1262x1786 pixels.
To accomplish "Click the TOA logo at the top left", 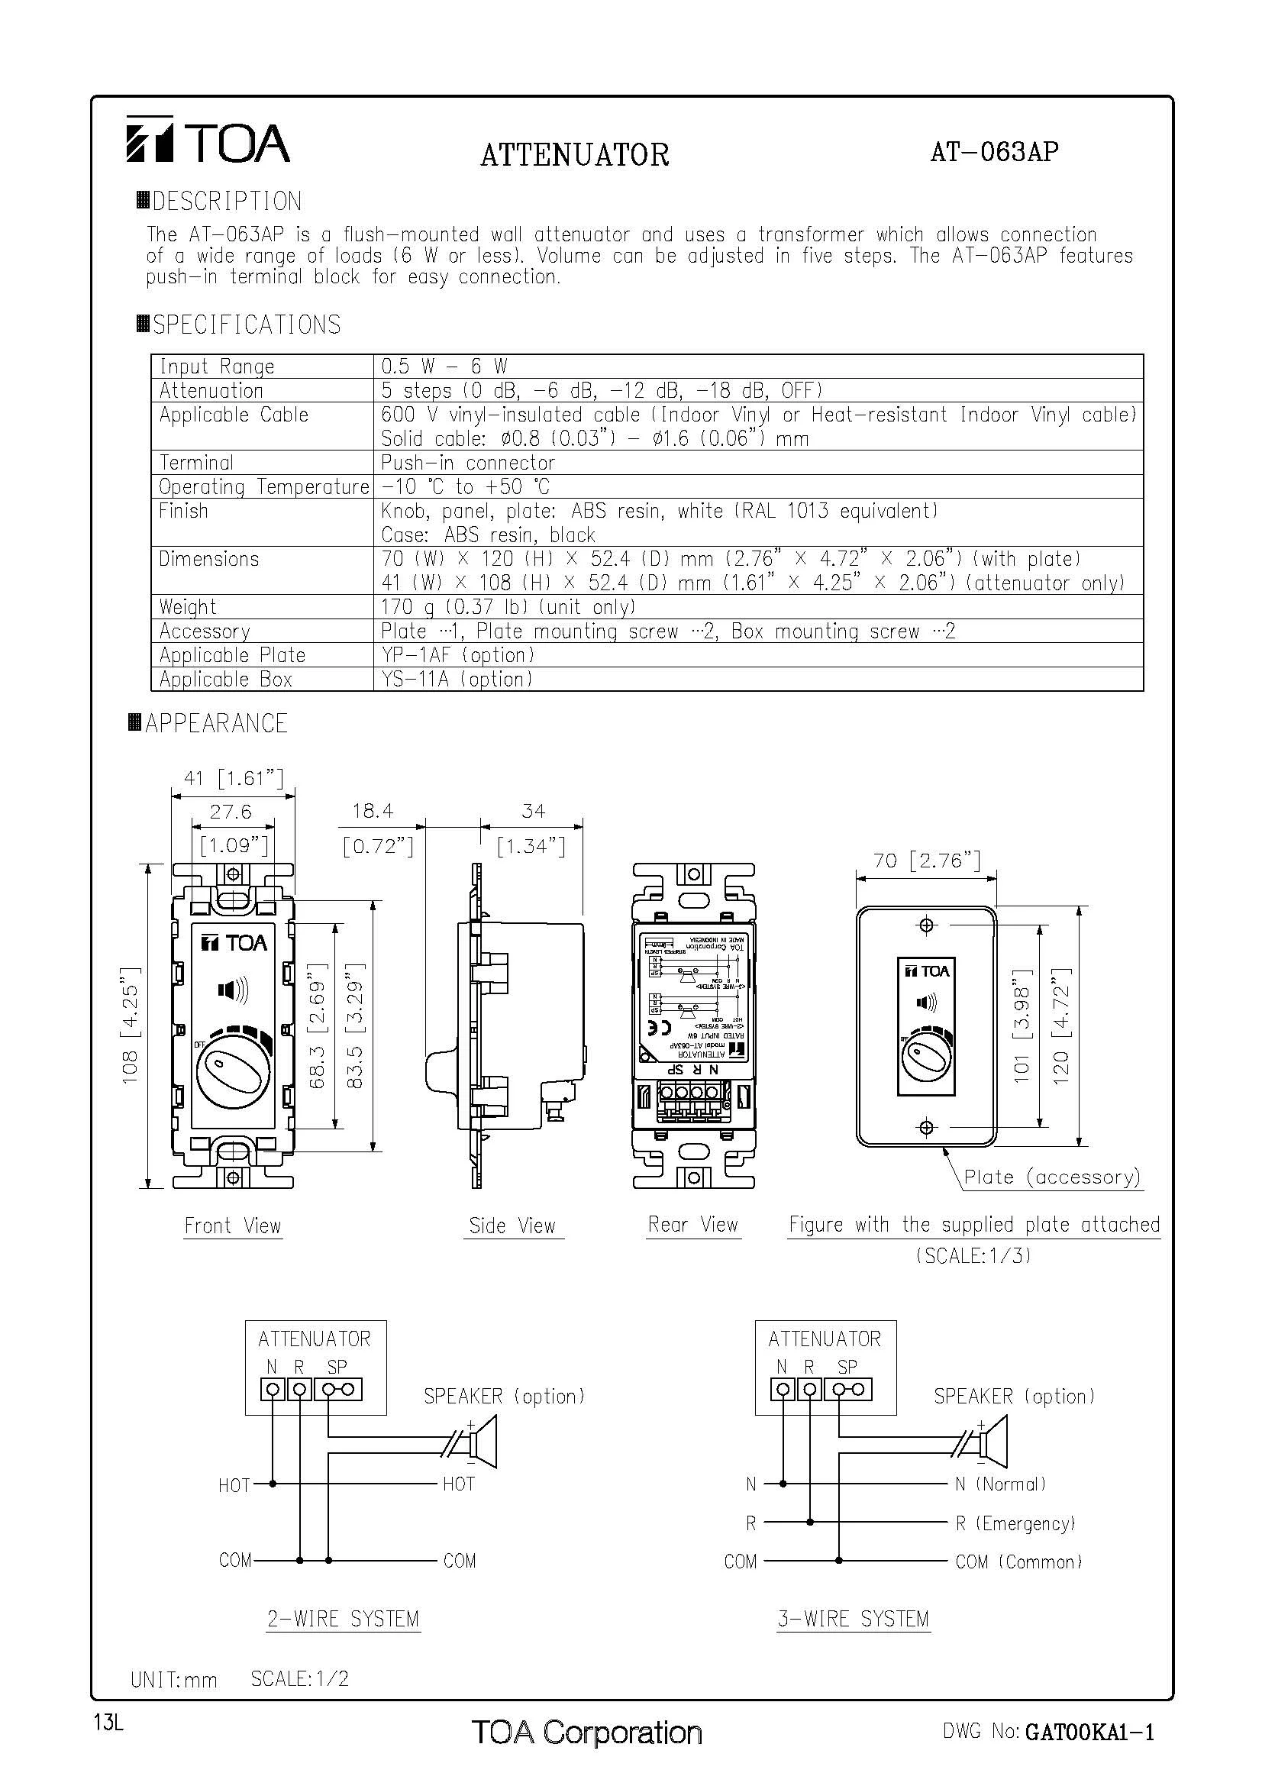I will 208,140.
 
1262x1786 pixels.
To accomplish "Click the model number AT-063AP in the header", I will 994,151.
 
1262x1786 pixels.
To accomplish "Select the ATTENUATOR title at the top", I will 575,155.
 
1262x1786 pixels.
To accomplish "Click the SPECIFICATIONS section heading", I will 246,325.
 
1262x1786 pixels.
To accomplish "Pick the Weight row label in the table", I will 187,607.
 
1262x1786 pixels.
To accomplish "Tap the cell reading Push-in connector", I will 467,463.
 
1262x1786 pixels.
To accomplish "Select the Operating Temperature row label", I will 263,487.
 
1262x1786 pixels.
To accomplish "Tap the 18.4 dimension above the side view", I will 373,812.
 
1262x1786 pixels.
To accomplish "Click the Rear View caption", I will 692,1224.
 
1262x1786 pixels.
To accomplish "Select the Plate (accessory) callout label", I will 1051,1177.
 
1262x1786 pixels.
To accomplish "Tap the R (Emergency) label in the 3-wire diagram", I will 1015,1523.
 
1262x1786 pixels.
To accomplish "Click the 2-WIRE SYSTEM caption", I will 343,1619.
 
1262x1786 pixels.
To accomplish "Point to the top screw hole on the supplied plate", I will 926,925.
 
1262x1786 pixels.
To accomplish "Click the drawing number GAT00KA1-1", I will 1089,1732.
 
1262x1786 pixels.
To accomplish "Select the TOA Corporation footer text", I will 586,1732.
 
